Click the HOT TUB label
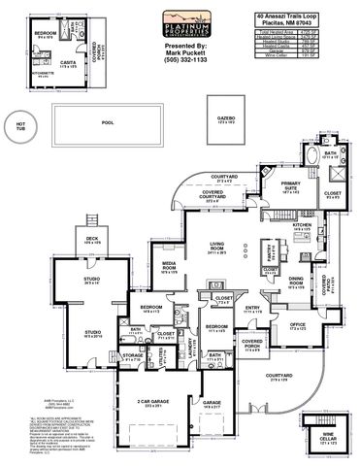[21, 124]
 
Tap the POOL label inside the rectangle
[107, 123]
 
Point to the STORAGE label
[133, 356]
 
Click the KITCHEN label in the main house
[275, 225]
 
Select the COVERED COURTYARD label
[227, 193]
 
